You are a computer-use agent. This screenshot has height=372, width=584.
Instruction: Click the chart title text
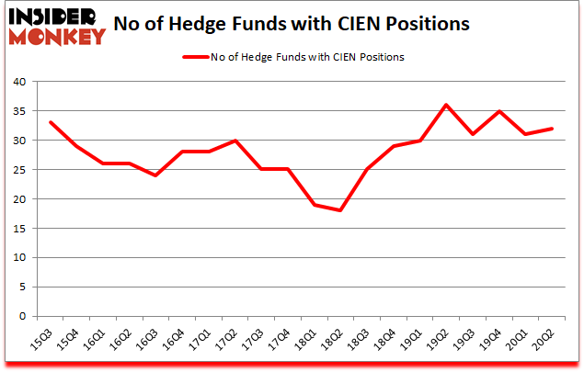tap(300, 24)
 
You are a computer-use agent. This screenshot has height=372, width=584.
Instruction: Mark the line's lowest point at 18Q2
tap(342, 210)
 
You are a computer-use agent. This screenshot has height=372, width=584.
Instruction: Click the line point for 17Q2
tap(235, 141)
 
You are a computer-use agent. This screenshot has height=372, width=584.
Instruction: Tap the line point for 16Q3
tap(156, 175)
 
